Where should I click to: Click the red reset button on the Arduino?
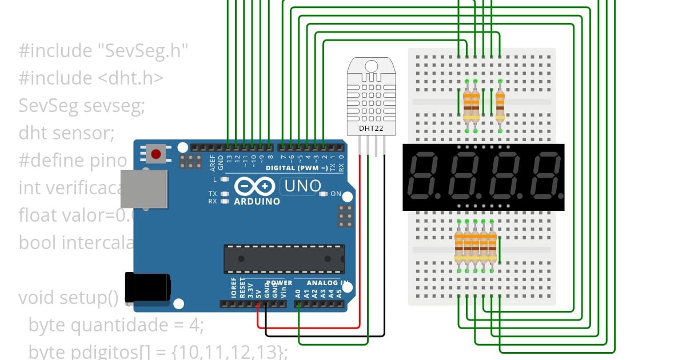(x=155, y=153)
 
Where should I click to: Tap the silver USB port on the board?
(x=143, y=189)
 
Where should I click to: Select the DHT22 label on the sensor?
(x=370, y=128)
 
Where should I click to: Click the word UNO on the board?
(x=302, y=186)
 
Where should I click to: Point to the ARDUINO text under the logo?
(x=257, y=201)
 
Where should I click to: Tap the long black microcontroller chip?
(x=284, y=259)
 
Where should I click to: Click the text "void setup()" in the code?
(x=68, y=298)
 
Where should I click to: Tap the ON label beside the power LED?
(x=336, y=194)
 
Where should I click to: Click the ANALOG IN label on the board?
(x=328, y=283)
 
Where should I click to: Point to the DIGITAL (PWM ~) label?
(x=297, y=168)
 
